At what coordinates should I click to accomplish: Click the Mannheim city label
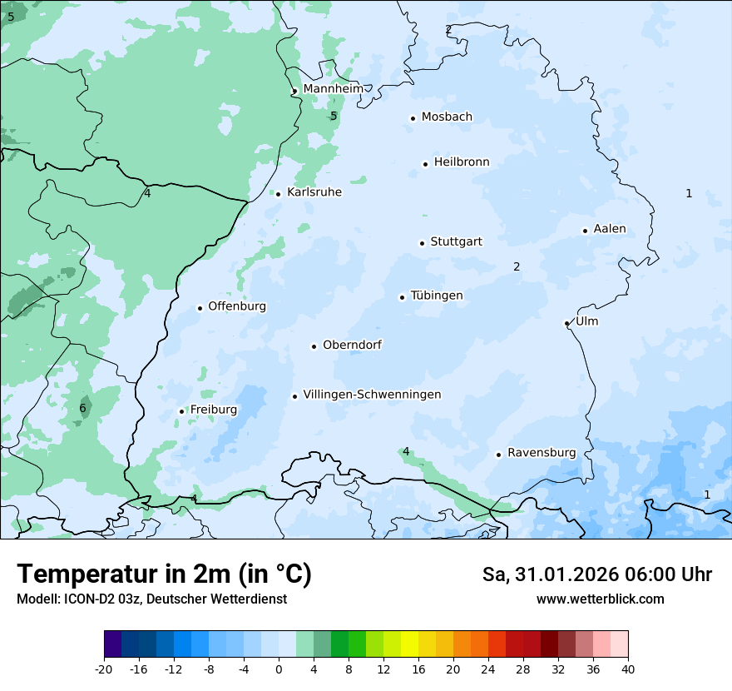click(333, 89)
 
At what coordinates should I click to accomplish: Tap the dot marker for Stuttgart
click(422, 243)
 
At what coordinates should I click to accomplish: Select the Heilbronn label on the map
click(462, 162)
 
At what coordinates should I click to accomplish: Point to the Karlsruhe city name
click(314, 192)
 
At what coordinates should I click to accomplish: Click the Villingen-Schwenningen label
click(372, 395)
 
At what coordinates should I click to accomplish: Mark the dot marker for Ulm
click(566, 323)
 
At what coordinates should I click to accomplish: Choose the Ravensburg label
click(542, 453)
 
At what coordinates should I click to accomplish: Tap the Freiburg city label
click(213, 410)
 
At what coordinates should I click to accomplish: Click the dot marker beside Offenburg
click(200, 308)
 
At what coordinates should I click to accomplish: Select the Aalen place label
click(610, 229)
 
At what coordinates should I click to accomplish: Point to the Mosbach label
click(447, 117)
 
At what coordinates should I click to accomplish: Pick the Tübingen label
click(437, 296)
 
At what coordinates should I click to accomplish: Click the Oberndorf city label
click(352, 345)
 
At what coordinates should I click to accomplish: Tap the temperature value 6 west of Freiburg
click(82, 408)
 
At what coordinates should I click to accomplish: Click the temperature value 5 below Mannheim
click(334, 116)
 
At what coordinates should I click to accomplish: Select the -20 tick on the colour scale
click(104, 669)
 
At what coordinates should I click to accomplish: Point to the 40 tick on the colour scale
click(628, 669)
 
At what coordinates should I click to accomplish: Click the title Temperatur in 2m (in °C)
click(164, 574)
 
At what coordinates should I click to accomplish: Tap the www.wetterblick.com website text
click(600, 599)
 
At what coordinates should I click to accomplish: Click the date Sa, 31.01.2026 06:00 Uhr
click(596, 574)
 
